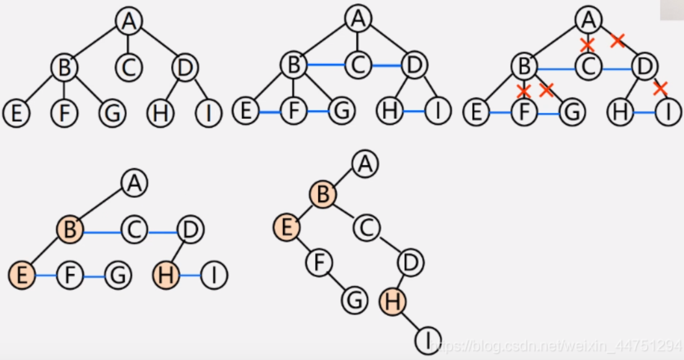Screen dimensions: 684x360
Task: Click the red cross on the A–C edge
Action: (587, 44)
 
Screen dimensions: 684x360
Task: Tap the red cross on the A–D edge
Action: (617, 41)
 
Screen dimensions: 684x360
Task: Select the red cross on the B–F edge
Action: (524, 92)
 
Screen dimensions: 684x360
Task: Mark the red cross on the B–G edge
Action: (546, 90)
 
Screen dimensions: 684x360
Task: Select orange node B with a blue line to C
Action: (70, 230)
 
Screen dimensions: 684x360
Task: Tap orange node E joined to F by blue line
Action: (22, 275)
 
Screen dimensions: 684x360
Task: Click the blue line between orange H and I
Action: (190, 275)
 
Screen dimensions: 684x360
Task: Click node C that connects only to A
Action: (128, 67)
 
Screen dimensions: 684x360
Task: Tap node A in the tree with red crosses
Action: (587, 20)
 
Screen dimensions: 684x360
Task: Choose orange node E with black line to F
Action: (286, 228)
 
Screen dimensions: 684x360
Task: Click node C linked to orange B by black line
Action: (367, 228)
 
